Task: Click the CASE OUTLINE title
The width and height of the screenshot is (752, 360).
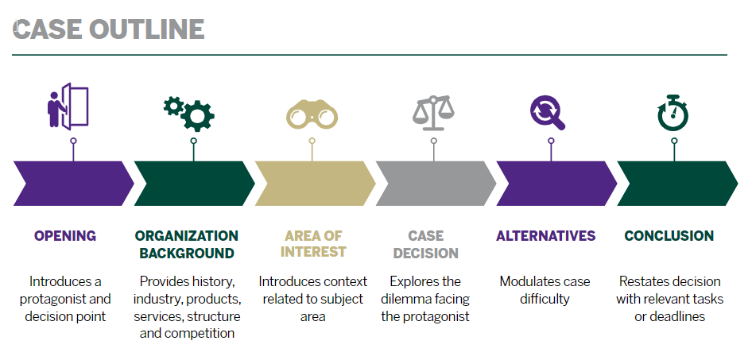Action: (109, 29)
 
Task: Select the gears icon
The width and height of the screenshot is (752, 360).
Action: (189, 113)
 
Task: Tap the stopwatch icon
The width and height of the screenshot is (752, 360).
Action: (673, 112)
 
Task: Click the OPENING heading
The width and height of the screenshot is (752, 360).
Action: (65, 236)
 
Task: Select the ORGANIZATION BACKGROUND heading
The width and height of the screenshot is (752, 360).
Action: (187, 245)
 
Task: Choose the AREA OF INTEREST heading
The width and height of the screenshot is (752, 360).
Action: (313, 245)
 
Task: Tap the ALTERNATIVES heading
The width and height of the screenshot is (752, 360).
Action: (545, 236)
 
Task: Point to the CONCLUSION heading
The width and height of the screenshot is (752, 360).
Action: (669, 236)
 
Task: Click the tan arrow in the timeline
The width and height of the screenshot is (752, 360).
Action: (313, 184)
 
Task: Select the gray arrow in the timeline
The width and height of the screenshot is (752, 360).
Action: (434, 184)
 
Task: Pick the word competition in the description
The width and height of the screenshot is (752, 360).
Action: (201, 334)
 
